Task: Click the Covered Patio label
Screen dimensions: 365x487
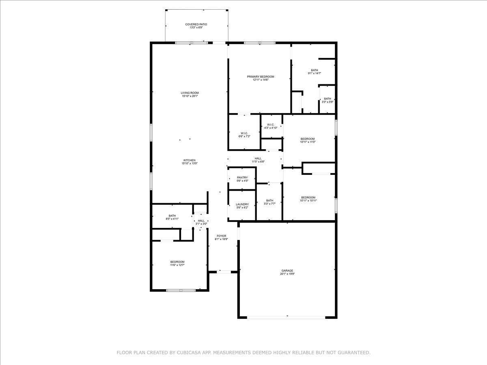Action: pos(196,26)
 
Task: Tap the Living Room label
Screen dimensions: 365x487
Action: pos(190,94)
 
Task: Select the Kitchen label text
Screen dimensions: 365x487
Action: pos(190,162)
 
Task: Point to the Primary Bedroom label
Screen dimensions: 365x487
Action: pos(261,78)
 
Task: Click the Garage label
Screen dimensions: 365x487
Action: pos(287,272)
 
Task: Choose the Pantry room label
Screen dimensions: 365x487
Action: pos(242,179)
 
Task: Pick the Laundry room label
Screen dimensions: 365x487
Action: pos(242,206)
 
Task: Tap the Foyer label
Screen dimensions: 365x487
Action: pos(221,237)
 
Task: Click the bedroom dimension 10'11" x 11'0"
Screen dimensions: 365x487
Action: pos(308,142)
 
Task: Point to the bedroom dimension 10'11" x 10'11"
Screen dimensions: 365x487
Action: pos(308,200)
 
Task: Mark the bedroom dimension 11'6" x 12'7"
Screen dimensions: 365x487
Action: pos(177,265)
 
